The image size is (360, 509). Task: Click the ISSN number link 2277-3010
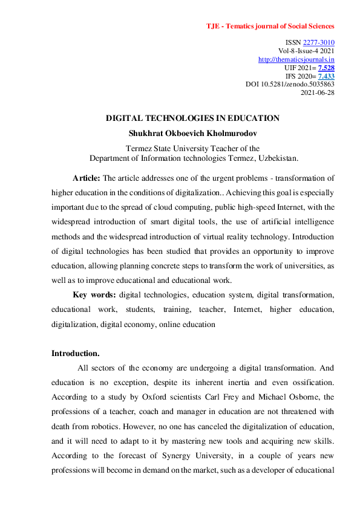(319, 42)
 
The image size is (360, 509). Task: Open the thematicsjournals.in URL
(296, 59)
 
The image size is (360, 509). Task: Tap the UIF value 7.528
(326, 68)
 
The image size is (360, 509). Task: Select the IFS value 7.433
(326, 76)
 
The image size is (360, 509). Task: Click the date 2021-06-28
(318, 93)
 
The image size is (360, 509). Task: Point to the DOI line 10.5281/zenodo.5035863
(290, 85)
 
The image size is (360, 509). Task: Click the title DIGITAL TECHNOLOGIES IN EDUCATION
(192, 118)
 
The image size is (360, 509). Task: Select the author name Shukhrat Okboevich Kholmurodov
(192, 132)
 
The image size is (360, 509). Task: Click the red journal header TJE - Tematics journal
(270, 26)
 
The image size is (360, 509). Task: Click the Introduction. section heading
(75, 353)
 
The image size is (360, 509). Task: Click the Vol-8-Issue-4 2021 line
(310, 51)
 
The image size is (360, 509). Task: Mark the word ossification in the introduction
(308, 382)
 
